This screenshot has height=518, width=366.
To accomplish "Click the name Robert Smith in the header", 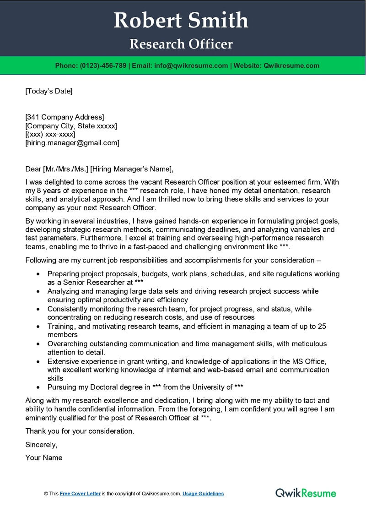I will [181, 21].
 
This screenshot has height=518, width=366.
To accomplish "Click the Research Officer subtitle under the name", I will [181, 44].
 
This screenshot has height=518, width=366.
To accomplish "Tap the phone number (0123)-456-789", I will [103, 65].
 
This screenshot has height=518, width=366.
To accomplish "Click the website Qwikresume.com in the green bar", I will [291, 65].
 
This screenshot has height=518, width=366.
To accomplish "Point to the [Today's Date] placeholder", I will [49, 91].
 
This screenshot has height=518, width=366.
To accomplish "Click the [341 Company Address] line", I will [65, 117].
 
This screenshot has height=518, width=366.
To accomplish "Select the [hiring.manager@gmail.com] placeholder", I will [72, 143].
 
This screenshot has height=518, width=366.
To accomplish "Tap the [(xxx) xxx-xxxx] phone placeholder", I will [50, 134].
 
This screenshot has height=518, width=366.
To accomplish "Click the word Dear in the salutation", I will [33, 169].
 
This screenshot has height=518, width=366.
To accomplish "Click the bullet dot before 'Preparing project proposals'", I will [38, 274].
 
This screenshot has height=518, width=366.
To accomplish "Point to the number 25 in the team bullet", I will [322, 326].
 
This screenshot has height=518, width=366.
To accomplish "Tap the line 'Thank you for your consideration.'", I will [80, 431].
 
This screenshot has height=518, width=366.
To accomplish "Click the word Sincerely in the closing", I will [41, 444].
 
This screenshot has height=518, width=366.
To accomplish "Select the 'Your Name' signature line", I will [44, 458].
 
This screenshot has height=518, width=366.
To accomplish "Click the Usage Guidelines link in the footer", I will [203, 494].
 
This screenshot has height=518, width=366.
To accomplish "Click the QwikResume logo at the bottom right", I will [306, 493].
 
